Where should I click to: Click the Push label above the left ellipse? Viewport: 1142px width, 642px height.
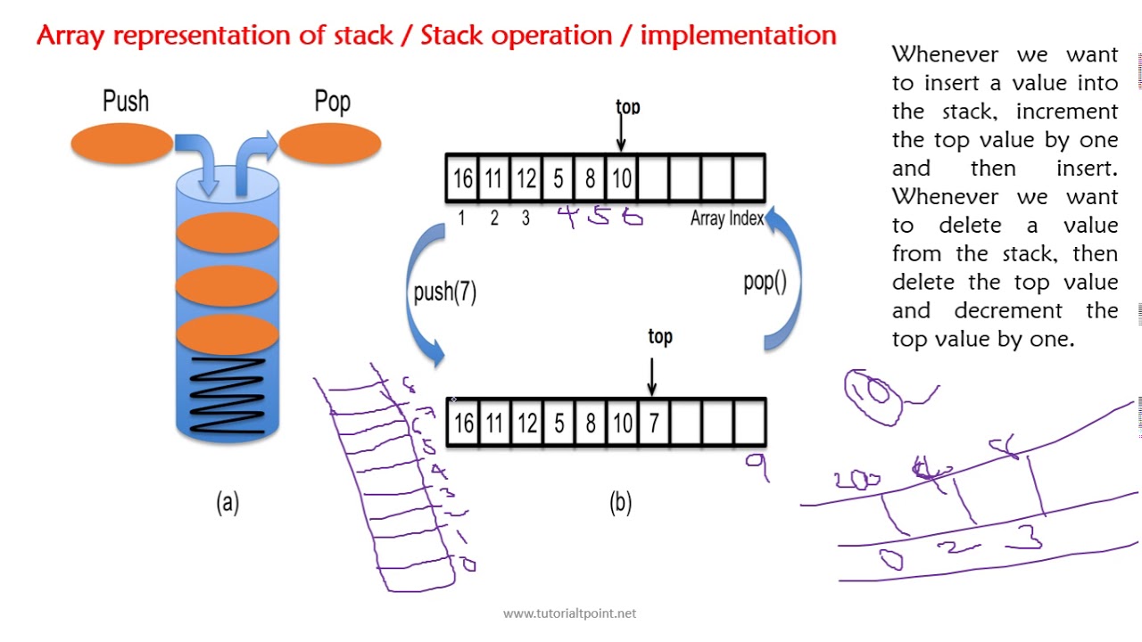[126, 101]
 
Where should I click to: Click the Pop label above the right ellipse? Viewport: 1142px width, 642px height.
[332, 102]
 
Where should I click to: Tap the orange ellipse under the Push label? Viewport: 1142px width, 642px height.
[121, 144]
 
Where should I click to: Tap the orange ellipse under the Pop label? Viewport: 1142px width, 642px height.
[330, 144]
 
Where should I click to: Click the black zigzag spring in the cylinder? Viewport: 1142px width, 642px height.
[228, 395]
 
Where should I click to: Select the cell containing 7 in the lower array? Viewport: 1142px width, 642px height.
[653, 423]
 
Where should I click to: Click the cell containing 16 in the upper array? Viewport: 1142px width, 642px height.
[462, 178]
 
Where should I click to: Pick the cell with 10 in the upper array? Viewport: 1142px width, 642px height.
[621, 178]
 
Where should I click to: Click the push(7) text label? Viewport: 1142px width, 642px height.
[444, 292]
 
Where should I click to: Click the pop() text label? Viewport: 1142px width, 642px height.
[765, 282]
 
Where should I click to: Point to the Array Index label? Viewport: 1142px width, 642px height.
[726, 218]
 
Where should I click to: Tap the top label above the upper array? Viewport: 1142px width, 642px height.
[627, 107]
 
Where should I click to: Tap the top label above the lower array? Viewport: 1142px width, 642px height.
[659, 336]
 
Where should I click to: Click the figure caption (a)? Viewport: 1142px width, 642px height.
[228, 502]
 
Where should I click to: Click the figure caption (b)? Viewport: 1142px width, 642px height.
[620, 502]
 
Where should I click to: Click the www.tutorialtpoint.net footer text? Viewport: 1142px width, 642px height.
[569, 613]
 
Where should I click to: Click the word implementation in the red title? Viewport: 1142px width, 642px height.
[738, 35]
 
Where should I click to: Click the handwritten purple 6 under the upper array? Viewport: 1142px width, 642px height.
[633, 216]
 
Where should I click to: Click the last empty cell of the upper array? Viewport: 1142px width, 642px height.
[749, 178]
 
